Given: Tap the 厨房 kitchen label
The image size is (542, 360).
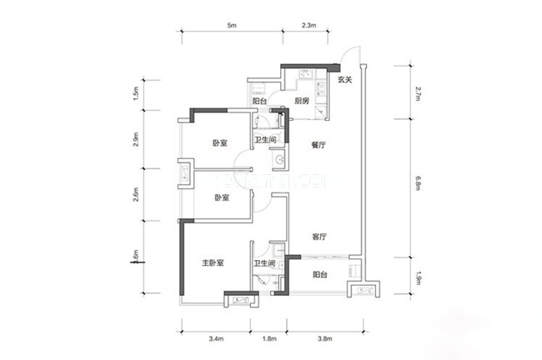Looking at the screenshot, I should coord(302,101).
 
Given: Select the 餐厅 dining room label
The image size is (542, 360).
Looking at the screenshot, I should coord(317,142).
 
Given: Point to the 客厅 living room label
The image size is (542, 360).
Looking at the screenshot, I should coord(319,237).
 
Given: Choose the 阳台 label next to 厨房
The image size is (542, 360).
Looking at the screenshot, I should coord(258,101).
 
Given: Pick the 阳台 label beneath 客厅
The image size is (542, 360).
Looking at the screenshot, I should coord(319,273).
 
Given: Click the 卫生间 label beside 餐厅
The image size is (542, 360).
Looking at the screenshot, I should coord(266,140).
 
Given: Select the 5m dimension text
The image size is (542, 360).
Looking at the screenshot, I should coord(232,26).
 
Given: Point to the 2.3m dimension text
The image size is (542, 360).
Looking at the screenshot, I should coord(309,26).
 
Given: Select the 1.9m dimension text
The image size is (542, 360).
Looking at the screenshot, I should coord(417,275).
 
